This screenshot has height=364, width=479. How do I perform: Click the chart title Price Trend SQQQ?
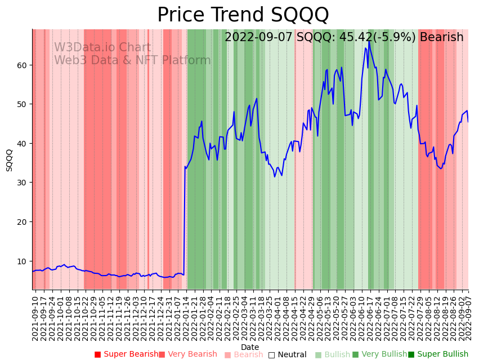pyautogui.click(x=243, y=15)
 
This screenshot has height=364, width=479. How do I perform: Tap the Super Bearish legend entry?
pyautogui.click(x=127, y=354)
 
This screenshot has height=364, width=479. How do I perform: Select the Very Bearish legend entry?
pyautogui.click(x=188, y=354)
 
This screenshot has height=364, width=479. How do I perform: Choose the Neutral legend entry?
pyautogui.click(x=288, y=354)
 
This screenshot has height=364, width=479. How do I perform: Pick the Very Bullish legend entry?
pyautogui.click(x=379, y=354)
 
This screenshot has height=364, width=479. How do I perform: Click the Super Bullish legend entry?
pyautogui.click(x=438, y=354)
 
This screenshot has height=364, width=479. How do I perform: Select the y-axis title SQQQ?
pyautogui.click(x=9, y=160)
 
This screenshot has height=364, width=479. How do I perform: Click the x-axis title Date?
pyautogui.click(x=250, y=347)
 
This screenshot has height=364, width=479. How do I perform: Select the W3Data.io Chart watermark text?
pyautogui.click(x=102, y=48)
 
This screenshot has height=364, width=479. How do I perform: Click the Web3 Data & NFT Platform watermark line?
pyautogui.click(x=132, y=61)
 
